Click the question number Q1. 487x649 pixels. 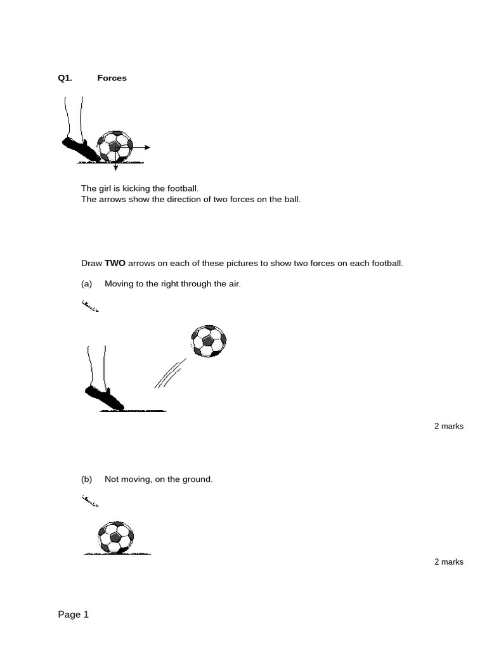65,78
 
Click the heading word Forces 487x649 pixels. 112,78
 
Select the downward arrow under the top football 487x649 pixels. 115,167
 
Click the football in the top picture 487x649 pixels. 115,147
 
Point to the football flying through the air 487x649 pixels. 209,341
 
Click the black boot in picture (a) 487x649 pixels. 104,397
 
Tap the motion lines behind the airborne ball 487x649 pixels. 169,374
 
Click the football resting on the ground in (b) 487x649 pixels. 115,537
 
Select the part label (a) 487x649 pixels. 87,284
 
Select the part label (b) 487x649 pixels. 87,479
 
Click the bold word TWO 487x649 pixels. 115,263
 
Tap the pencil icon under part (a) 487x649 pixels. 90,307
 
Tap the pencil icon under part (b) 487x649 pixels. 90,502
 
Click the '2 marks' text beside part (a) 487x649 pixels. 448,426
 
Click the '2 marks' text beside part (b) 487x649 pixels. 448,562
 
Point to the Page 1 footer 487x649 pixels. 74,614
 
